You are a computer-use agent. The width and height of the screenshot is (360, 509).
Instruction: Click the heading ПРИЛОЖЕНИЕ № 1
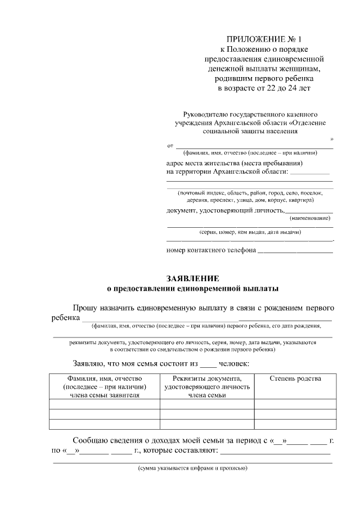pyautogui.click(x=264, y=39)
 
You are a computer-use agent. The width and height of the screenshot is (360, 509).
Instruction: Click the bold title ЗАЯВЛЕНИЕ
pyautogui.click(x=193, y=278)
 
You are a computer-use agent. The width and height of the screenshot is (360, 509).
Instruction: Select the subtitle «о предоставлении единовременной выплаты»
pyautogui.click(x=193, y=288)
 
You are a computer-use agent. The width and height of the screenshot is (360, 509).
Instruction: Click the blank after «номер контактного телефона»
pyautogui.click(x=295, y=250)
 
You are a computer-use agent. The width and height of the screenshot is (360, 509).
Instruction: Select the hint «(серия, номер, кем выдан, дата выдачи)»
pyautogui.click(x=250, y=232)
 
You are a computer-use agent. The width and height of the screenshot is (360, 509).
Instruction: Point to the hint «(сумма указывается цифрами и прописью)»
pyautogui.click(x=193, y=468)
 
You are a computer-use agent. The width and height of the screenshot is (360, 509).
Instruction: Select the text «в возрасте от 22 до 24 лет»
pyautogui.click(x=264, y=88)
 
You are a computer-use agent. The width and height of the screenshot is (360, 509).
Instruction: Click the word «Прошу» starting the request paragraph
pyautogui.click(x=85, y=308)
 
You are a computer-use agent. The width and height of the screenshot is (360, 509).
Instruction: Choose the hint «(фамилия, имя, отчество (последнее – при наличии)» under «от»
pyautogui.click(x=250, y=153)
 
